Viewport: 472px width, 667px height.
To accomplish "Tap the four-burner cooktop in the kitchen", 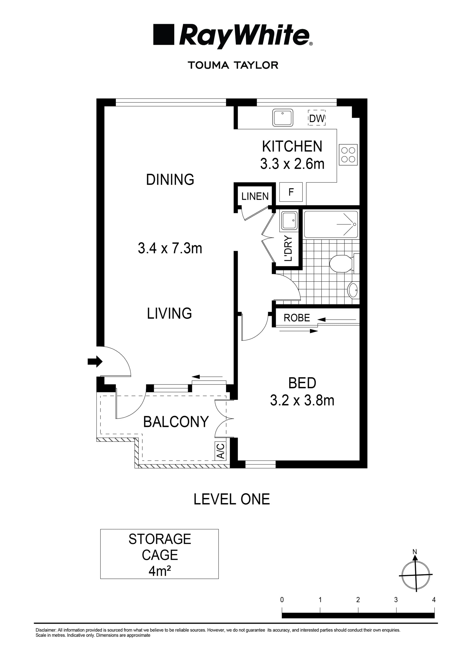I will (348, 155).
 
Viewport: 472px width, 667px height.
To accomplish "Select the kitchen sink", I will (282, 118).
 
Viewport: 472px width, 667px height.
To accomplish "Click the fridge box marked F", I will (291, 192).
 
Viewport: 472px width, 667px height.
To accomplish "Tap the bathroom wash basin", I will (353, 290).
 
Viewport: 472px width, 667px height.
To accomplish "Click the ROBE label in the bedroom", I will (297, 318).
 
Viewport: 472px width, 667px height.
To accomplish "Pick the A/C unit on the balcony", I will (221, 451).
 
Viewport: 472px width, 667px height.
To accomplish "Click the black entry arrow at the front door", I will (95, 362).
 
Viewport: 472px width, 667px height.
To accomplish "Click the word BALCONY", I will (176, 422).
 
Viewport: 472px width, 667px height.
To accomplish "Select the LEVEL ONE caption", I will (232, 499).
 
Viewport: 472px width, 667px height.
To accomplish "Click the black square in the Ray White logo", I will (164, 35).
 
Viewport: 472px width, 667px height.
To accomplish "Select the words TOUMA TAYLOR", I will (233, 65).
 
